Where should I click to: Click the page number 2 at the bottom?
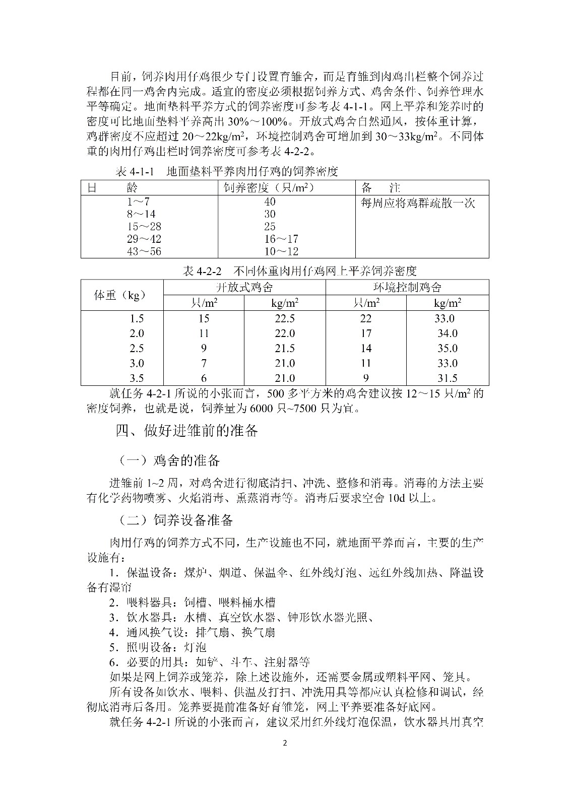285,743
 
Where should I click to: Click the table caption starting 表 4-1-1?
226,171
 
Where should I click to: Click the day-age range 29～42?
144,239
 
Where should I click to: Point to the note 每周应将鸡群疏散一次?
418,203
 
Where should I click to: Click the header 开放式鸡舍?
244,287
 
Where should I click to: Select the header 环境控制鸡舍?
407,287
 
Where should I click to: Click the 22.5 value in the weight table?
285,318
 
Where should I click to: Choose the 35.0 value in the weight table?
447,348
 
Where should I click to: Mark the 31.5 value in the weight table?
447,378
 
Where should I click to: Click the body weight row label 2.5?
137,348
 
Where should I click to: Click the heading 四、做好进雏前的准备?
187,431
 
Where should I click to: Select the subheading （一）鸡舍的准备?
169,460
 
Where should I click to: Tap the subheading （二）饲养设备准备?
176,520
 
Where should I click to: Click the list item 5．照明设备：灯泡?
158,647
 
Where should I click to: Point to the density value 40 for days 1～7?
270,201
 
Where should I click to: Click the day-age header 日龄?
112,188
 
